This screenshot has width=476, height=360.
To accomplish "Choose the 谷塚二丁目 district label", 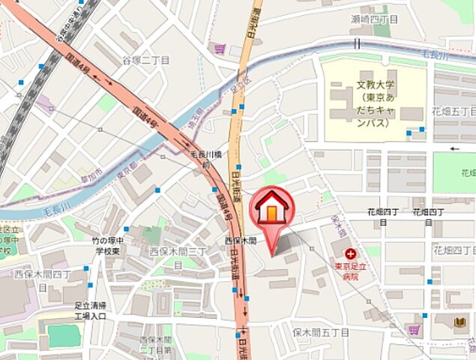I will point(146,60).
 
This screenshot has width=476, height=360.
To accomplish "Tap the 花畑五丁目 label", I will point(454,110).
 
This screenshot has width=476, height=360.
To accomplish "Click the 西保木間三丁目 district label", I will point(178,250).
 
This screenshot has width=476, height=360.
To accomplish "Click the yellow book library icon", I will point(460,322).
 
